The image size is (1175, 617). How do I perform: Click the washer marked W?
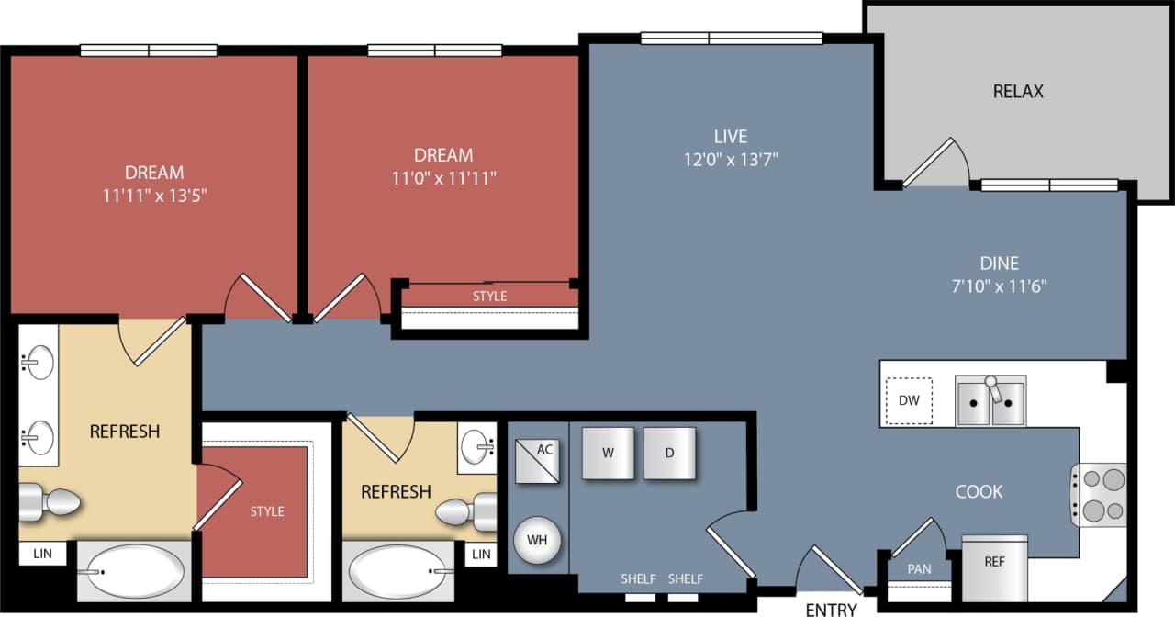608,453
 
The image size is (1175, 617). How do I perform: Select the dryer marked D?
669,453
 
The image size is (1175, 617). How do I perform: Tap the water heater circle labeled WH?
537,540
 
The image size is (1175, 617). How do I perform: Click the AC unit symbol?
537,461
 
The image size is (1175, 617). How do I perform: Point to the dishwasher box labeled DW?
909,400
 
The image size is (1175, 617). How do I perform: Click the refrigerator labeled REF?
994,562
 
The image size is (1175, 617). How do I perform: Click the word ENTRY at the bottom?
831,609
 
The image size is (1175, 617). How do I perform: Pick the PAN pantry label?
919,569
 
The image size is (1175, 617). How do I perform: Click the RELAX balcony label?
1018,92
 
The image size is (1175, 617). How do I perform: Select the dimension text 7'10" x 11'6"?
999,286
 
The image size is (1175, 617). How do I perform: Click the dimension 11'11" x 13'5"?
154,195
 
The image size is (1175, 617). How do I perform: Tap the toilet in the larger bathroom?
50,501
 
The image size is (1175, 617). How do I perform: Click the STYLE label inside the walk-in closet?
267,511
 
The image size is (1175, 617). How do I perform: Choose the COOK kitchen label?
979,492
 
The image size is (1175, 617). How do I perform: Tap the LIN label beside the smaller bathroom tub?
481,554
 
